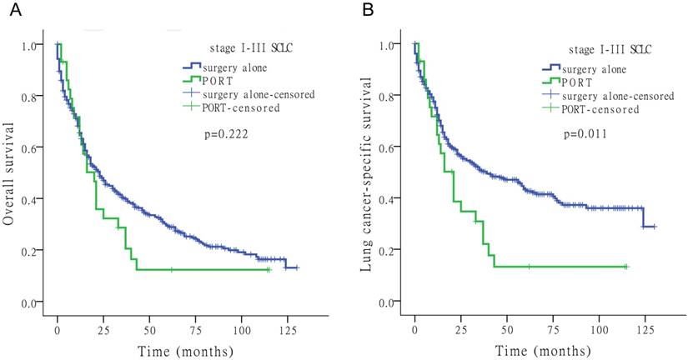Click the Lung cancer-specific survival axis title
tap(367, 172)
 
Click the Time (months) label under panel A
tap(173, 342)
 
